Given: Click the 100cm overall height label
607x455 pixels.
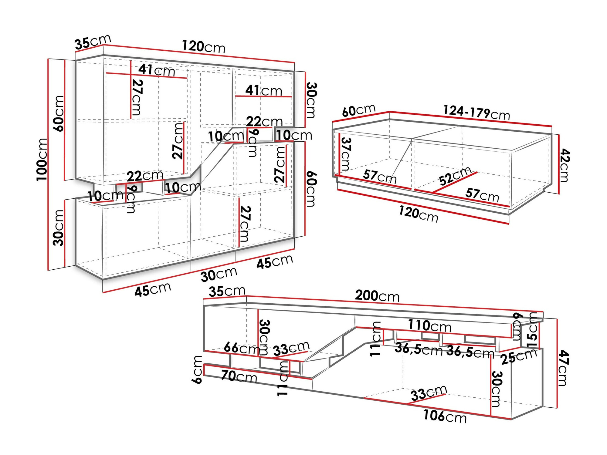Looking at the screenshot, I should point(42,160).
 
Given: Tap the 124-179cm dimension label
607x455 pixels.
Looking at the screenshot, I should point(476,113).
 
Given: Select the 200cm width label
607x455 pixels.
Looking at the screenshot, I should point(377,296).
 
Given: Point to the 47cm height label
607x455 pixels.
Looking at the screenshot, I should point(564,368).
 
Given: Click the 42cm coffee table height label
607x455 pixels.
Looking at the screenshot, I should point(565,165).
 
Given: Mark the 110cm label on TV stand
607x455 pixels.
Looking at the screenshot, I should point(429,326).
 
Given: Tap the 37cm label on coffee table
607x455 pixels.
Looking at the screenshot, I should point(346,154).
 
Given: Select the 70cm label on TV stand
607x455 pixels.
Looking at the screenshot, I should point(239,376).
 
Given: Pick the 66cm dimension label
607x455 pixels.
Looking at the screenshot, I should point(242,348).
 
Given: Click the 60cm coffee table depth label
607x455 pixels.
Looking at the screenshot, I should point(358,110).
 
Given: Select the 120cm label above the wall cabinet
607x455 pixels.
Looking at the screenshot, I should point(203,47).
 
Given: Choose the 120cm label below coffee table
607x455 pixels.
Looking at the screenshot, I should point(418,214).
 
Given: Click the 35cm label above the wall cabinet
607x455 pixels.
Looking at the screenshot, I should point(93,42).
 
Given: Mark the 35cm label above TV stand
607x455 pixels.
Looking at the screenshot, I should point(227,292).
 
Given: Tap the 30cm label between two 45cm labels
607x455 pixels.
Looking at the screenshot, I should point(219,275).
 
